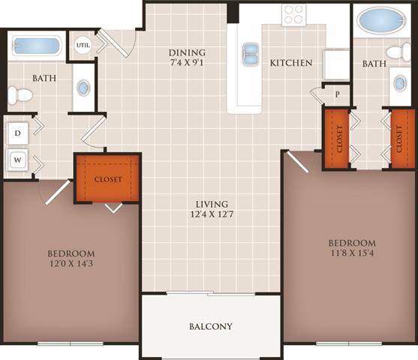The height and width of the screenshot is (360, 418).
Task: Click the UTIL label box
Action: pyautogui.click(x=82, y=45)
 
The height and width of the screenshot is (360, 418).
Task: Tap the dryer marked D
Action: pyautogui.click(x=17, y=133)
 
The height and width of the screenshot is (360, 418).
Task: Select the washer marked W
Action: pyautogui.click(x=17, y=158)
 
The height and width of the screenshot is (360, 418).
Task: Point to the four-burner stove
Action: pyautogui.click(x=294, y=13)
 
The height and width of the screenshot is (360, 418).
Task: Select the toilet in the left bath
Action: pyautogui.click(x=20, y=95)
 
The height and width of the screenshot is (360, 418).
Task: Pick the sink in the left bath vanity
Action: pyautogui.click(x=83, y=87)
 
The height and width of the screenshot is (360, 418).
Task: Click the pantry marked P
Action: pyautogui.click(x=338, y=94)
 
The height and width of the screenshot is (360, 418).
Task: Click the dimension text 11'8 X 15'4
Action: pyautogui.click(x=351, y=255)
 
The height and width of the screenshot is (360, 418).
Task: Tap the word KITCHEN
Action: pyautogui.click(x=291, y=63)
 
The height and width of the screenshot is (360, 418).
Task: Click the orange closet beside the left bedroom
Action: pyautogui.click(x=108, y=179)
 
